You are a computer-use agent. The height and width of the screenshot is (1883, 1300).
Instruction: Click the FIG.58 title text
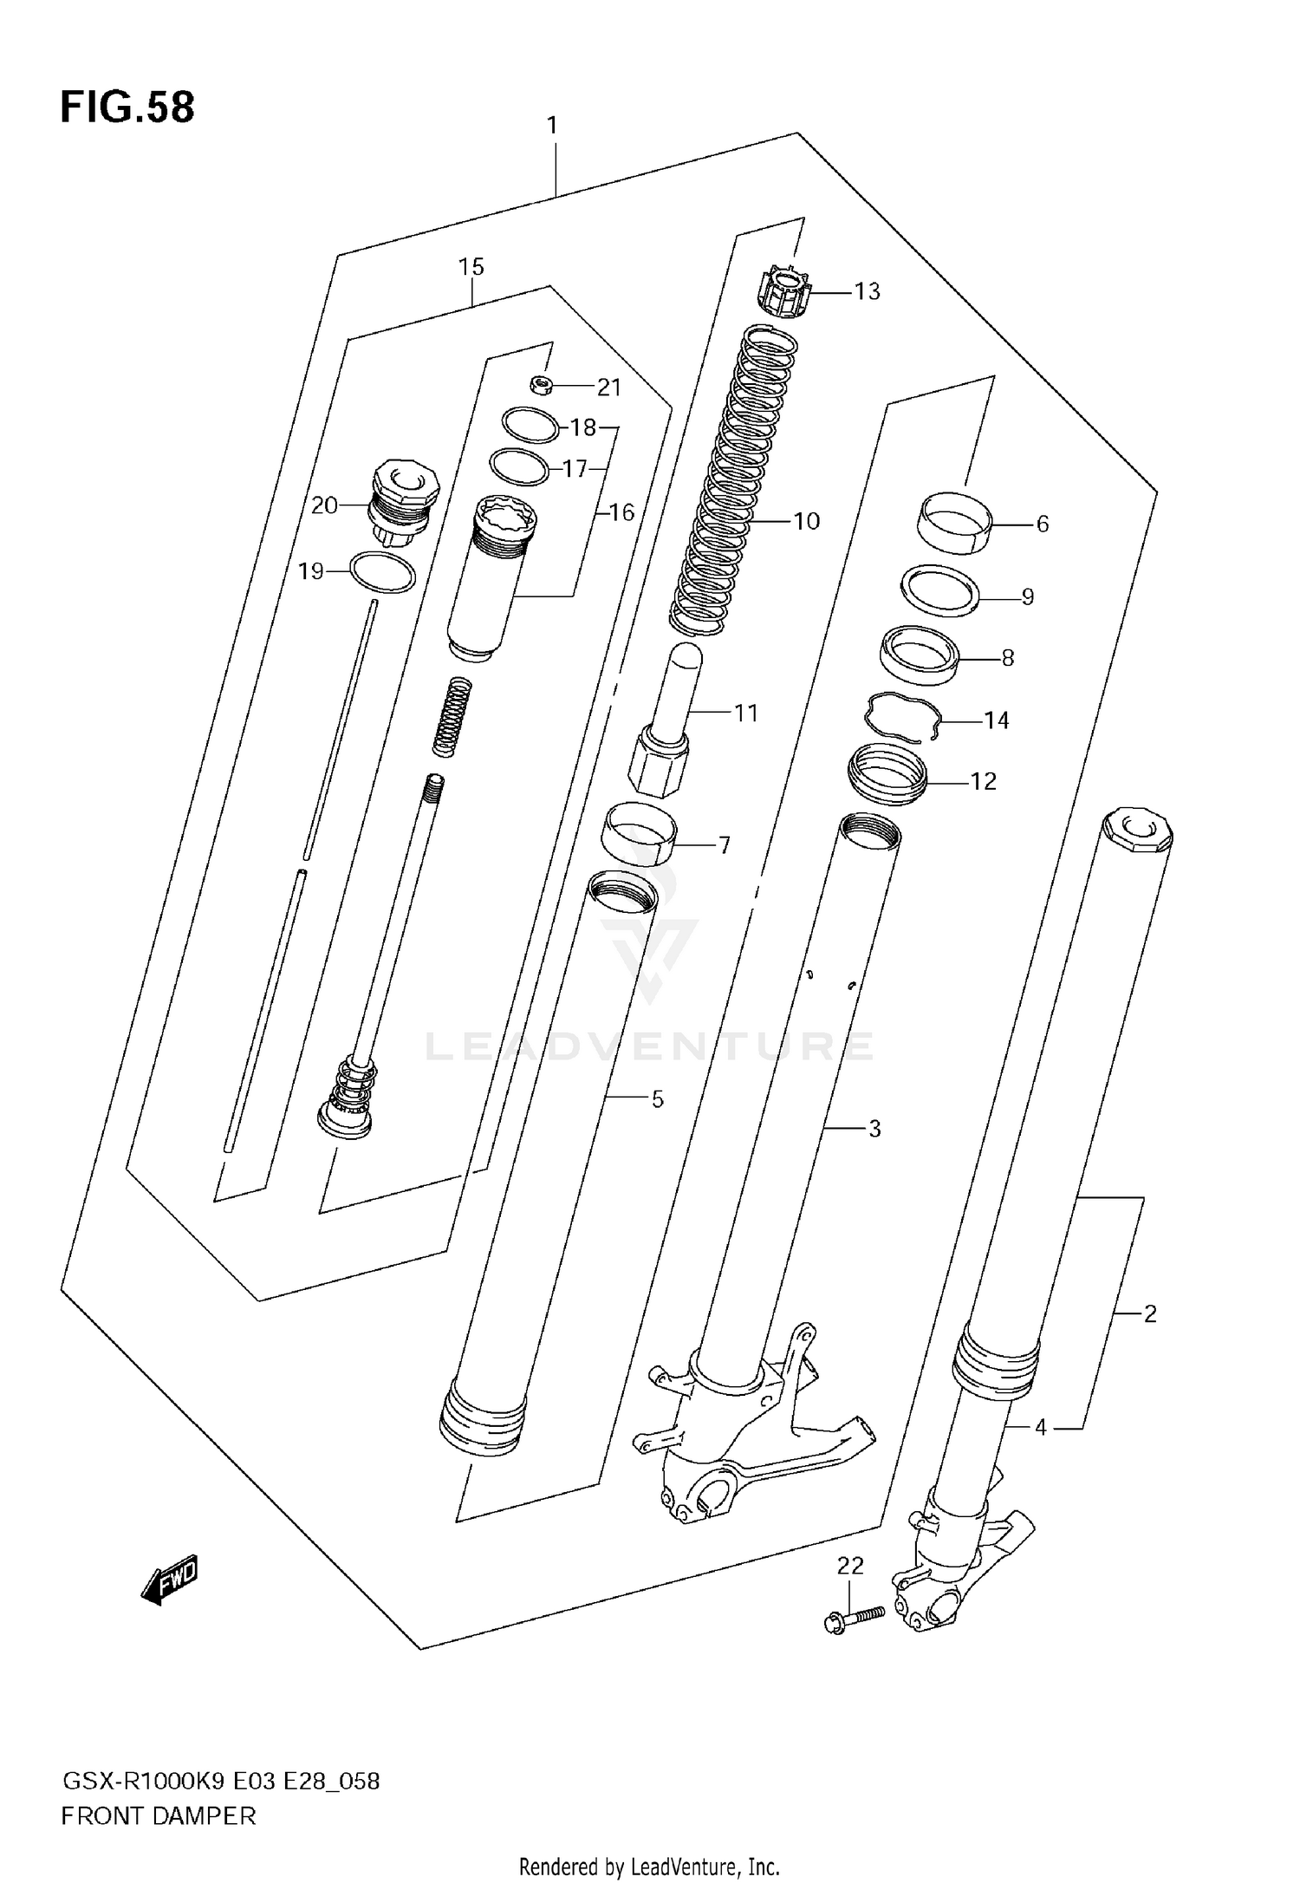point(127,108)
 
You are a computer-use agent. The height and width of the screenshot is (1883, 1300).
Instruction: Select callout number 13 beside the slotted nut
point(867,291)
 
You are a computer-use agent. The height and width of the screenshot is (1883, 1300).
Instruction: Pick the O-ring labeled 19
point(382,573)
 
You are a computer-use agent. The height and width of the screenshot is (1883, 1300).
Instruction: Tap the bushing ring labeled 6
point(954,521)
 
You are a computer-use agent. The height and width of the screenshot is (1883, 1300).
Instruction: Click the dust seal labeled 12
point(887,774)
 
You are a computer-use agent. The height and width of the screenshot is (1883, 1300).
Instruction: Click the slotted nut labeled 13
point(784,294)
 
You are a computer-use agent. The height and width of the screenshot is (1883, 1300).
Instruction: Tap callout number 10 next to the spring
point(806,521)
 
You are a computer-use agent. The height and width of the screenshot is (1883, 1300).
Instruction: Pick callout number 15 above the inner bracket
point(471,267)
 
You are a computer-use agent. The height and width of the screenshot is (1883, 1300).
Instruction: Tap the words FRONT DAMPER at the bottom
point(159,1816)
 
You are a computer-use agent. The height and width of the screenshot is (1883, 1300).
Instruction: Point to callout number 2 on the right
point(1150,1314)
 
